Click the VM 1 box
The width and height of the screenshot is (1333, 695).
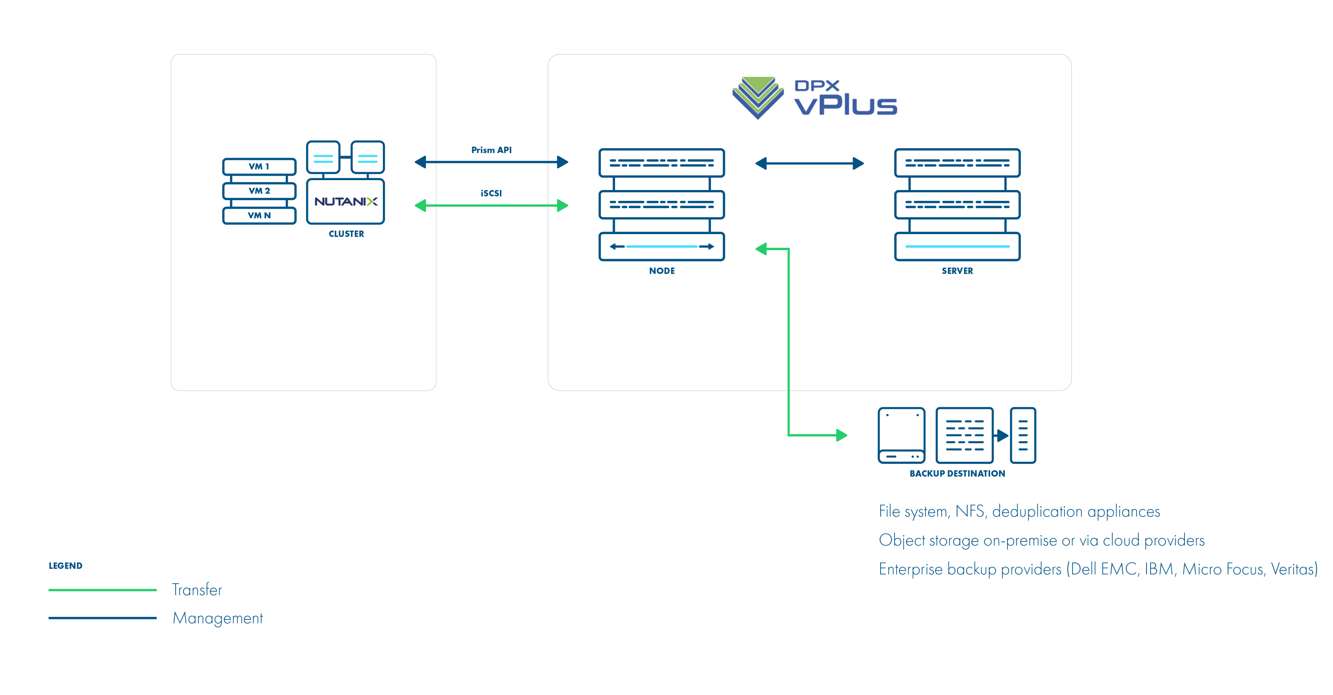coord(259,167)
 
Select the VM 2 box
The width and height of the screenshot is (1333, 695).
coord(259,191)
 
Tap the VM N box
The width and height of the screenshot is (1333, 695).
coord(259,215)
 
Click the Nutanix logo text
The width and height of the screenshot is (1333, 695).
coord(346,201)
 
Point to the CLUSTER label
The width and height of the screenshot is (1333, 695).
coord(346,234)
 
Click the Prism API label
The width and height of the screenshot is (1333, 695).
coord(491,150)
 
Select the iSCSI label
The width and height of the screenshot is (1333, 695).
coord(491,193)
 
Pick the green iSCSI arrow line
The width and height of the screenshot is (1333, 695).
coord(491,206)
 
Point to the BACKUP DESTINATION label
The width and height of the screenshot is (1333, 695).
coord(957,473)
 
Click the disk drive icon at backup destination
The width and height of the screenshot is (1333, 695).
coord(901,435)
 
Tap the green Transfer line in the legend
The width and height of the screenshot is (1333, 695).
coord(103,590)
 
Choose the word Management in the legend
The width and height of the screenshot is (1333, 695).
coord(217,618)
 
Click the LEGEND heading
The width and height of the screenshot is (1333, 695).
coord(65,566)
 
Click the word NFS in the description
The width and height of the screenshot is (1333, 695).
coord(970,511)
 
